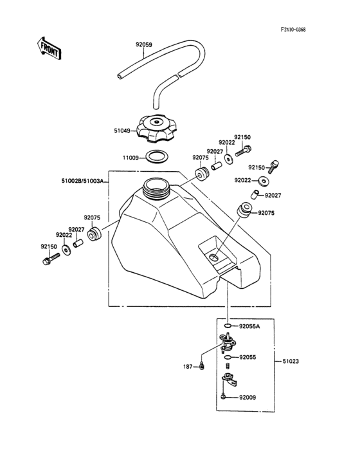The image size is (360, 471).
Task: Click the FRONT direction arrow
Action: [49, 48]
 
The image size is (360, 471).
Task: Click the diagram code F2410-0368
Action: [293, 30]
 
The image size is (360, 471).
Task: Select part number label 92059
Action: [144, 45]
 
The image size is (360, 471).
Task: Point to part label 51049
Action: [122, 131]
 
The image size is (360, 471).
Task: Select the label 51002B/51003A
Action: [82, 181]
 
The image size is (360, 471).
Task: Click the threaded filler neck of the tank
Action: [156, 188]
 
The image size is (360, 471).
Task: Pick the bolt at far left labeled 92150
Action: [51, 259]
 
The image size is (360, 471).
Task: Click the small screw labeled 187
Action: [202, 366]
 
